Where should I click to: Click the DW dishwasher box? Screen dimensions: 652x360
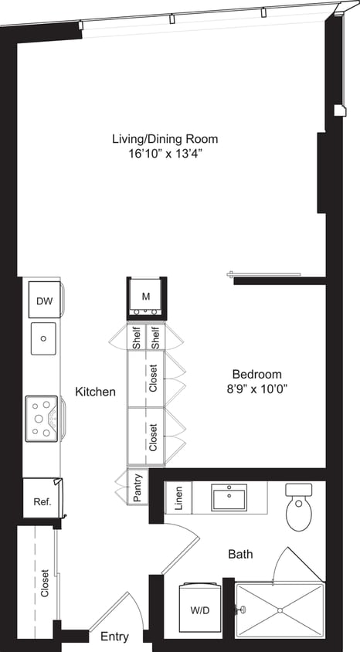pyautogui.click(x=44, y=301)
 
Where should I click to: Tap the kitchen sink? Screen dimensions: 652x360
pyautogui.click(x=44, y=337)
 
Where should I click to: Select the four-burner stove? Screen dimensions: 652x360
pyautogui.click(x=42, y=416)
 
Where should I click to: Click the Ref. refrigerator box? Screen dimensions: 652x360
pyautogui.click(x=42, y=501)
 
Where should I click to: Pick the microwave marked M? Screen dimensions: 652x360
pyautogui.click(x=145, y=297)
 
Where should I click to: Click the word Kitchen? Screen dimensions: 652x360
pyautogui.click(x=95, y=392)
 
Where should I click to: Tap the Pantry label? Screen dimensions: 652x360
pyautogui.click(x=138, y=487)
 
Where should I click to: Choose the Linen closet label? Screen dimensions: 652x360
pyautogui.click(x=178, y=497)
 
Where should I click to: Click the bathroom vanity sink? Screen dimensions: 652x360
pyautogui.click(x=229, y=497)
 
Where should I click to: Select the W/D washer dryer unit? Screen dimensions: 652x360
pyautogui.click(x=199, y=610)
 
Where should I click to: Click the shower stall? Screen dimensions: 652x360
pyautogui.click(x=280, y=610)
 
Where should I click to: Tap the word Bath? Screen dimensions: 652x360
pyautogui.click(x=240, y=555)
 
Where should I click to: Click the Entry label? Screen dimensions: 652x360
pyautogui.click(x=114, y=637)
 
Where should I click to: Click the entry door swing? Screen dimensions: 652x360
pyautogui.click(x=116, y=610)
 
